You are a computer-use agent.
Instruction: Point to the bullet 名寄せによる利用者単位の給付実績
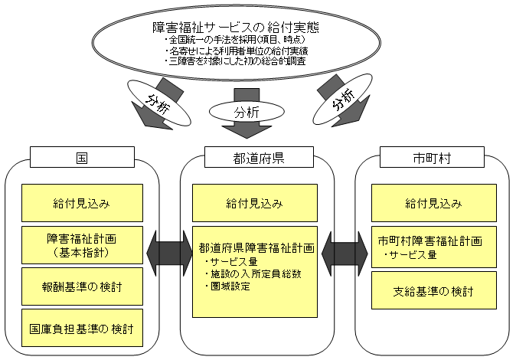(238, 51)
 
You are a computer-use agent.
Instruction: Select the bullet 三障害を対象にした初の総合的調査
(236, 61)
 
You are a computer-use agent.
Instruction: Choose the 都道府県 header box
(257, 159)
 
